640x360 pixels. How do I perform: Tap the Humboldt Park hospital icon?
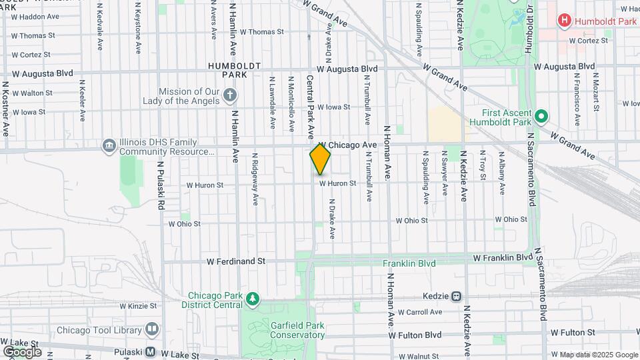click(x=564, y=21)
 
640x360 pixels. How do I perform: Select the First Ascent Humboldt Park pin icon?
click(x=541, y=117)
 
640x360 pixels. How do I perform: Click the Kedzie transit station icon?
click(x=457, y=296)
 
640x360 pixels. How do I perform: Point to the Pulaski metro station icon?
click(x=150, y=351)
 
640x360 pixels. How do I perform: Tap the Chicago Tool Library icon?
click(x=152, y=329)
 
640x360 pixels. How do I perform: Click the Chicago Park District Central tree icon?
click(x=251, y=299)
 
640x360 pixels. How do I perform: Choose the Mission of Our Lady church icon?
click(x=229, y=95)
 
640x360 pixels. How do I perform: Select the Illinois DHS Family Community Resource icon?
click(x=109, y=146)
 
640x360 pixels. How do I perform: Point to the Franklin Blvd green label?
click(x=409, y=263)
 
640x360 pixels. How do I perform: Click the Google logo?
click(x=22, y=351)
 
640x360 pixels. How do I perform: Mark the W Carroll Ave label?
click(x=419, y=312)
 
